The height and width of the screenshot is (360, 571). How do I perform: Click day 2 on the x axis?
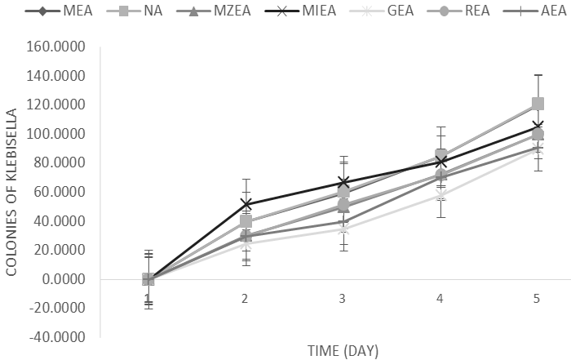[x=245, y=300]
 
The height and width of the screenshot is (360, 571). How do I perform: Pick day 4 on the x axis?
[x=440, y=300]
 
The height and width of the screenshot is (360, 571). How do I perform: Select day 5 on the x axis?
[x=537, y=300]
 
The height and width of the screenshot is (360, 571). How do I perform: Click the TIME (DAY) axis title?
[x=342, y=350]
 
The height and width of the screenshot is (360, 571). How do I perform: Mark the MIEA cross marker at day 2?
[x=245, y=204]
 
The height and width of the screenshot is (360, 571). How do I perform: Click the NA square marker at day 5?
[x=537, y=104]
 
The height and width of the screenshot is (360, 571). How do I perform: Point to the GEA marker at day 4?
[x=440, y=195]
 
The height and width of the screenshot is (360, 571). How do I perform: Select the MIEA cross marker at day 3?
[x=343, y=182]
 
